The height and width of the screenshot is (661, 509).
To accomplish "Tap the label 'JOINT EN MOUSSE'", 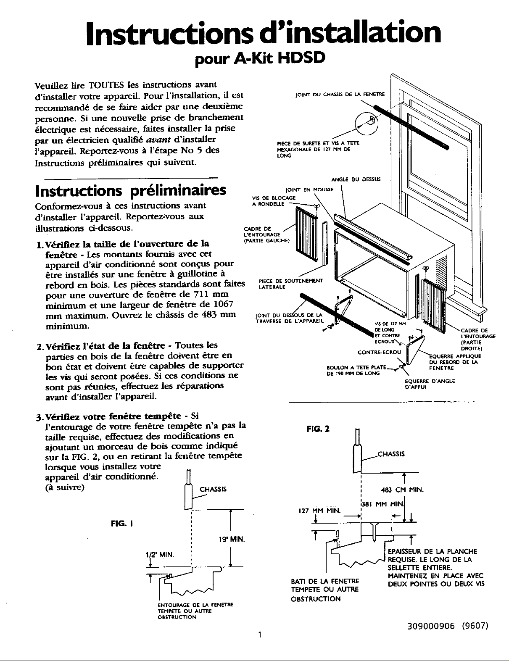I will [x=309, y=190].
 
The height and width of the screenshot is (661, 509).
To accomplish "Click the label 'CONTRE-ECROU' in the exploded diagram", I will [x=379, y=352].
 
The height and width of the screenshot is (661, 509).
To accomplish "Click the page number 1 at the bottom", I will [x=260, y=646].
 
